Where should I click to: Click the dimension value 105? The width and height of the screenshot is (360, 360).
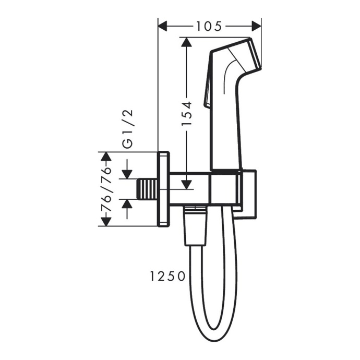click(209, 26)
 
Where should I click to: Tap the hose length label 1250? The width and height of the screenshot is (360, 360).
click(167, 275)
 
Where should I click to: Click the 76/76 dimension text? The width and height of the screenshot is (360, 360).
click(106, 189)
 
